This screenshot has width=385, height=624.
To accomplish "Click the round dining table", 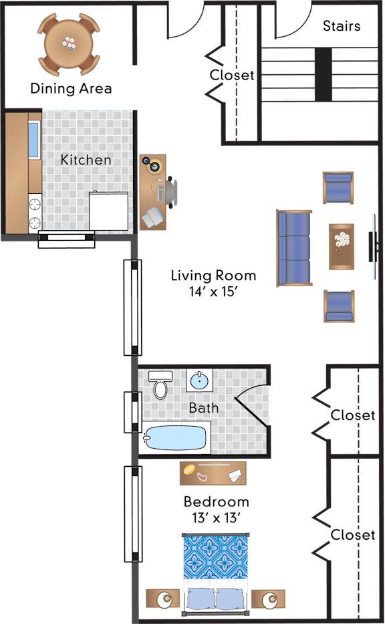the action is click(69, 43).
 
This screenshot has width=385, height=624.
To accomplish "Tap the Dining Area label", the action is click(72, 88).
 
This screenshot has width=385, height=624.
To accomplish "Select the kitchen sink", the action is click(33, 139).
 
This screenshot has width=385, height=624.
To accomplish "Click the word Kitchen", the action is click(86, 160).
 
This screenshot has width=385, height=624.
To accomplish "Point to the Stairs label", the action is click(342, 26).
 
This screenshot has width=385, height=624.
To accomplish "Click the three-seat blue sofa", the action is click(294, 248).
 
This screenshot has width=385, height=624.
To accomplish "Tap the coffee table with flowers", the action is click(342, 247).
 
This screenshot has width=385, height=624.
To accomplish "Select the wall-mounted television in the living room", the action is click(373, 247).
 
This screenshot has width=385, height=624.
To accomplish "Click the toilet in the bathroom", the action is click(160, 385).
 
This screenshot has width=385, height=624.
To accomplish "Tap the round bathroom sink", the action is click(199, 381).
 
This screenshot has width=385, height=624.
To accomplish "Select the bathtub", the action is click(175, 438).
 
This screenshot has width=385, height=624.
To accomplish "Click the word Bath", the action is click(204, 408).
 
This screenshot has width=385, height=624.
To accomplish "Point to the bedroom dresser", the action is click(213, 474).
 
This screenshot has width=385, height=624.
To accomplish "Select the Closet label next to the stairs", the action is click(232, 75).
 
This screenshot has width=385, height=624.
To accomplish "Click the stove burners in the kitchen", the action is click(35, 213).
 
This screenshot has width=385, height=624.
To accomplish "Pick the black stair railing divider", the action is click(324, 74).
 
